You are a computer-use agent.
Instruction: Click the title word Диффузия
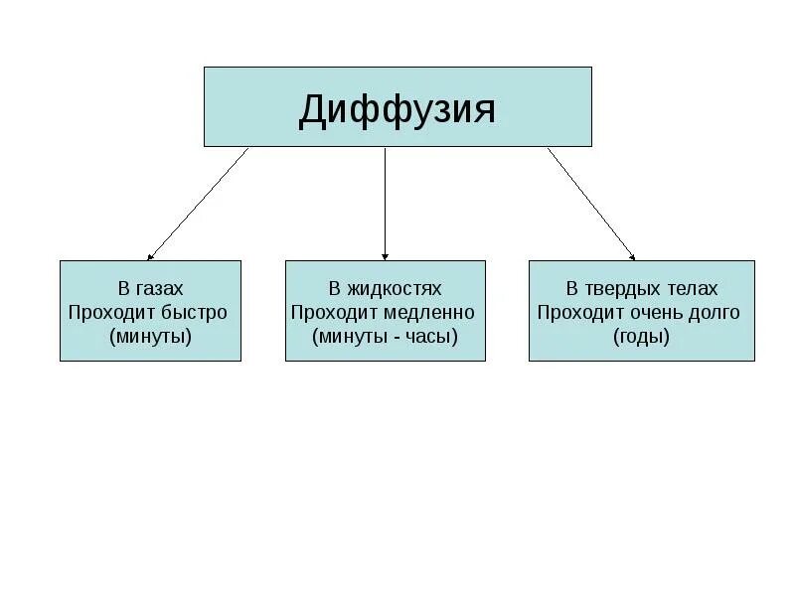397,109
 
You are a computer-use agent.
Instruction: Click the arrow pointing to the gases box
199,204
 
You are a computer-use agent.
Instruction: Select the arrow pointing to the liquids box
386,204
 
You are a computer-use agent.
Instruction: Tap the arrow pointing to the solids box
590,204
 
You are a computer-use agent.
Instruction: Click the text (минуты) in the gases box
150,336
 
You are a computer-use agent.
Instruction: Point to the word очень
658,312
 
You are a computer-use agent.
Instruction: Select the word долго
715,312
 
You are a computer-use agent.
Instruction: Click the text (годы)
641,336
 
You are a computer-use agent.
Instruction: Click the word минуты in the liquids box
352,336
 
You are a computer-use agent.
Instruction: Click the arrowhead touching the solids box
630,254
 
